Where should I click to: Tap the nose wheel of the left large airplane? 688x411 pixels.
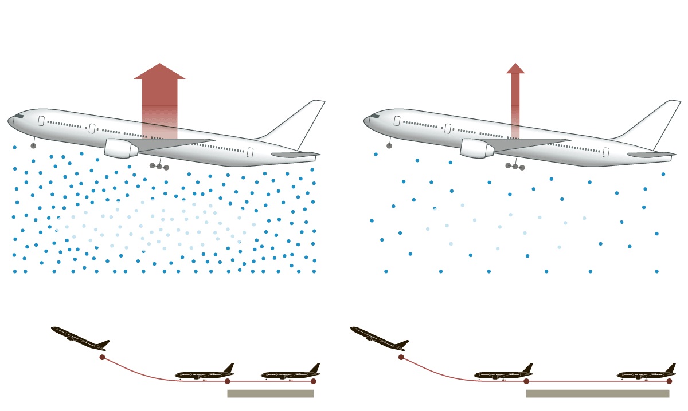pyautogui.click(x=33, y=145)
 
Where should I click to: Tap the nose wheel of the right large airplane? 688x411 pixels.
pyautogui.click(x=389, y=145)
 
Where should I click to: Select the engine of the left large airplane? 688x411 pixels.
pyautogui.click(x=120, y=148)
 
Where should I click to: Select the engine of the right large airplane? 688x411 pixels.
pyautogui.click(x=476, y=148)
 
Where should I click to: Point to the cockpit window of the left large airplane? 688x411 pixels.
pyautogui.click(x=19, y=116)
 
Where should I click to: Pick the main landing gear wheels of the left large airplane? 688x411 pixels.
pyautogui.click(x=159, y=167)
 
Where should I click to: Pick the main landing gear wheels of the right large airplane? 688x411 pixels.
pyautogui.click(x=515, y=167)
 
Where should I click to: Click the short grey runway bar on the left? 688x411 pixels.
pyautogui.click(x=270, y=393)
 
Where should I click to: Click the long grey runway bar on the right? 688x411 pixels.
pyautogui.click(x=597, y=393)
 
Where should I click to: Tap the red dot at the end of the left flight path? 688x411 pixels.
pyautogui.click(x=313, y=381)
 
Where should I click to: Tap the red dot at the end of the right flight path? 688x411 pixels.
pyautogui.click(x=669, y=381)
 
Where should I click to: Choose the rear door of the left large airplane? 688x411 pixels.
pyautogui.click(x=250, y=152)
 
